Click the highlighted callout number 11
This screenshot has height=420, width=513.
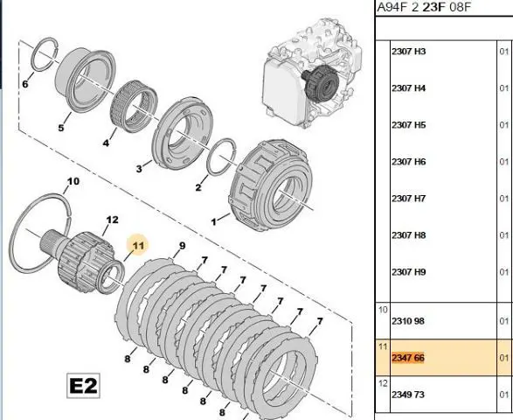[x=138, y=245]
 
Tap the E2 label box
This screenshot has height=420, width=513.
[x=83, y=386]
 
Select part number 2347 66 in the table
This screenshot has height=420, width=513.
[x=408, y=358]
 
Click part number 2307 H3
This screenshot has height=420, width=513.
[x=409, y=52]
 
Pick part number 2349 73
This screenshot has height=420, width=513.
[x=408, y=395]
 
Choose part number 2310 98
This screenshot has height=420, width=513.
[x=408, y=321]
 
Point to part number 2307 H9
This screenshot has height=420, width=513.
[x=409, y=272]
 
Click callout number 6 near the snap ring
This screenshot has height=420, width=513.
[x=25, y=84]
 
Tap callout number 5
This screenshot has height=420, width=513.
[x=61, y=128]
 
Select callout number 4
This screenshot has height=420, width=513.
[x=106, y=143]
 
